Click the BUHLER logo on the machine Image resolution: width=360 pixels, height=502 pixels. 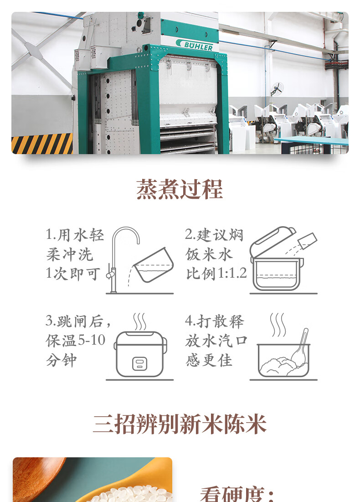pyautogui.click(x=194, y=45)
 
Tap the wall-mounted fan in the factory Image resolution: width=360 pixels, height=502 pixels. pyautogui.click(x=277, y=89)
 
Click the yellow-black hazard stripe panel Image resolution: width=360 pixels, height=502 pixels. pyautogui.click(x=42, y=144)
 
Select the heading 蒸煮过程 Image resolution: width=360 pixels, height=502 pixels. pyautogui.click(x=180, y=189)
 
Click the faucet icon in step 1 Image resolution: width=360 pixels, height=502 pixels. pyautogui.click(x=123, y=259)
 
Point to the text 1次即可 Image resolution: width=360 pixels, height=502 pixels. pyautogui.click(x=72, y=274)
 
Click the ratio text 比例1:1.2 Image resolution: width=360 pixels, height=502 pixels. pyautogui.click(x=216, y=274)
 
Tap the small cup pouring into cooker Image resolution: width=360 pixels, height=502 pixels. pyautogui.click(x=307, y=241)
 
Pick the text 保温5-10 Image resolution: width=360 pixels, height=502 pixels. pyautogui.click(x=76, y=340)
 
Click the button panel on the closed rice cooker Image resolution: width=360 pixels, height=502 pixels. pyautogui.click(x=140, y=364)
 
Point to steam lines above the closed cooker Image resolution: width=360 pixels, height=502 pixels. pyautogui.click(x=140, y=321)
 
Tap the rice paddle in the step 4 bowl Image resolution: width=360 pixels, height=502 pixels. pyautogui.click(x=300, y=348)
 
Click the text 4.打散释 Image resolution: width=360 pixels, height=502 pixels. pyautogui.click(x=214, y=321)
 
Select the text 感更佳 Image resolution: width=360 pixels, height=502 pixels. pyautogui.click(x=209, y=360)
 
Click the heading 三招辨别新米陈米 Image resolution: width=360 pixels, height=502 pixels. pyautogui.click(x=180, y=424)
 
